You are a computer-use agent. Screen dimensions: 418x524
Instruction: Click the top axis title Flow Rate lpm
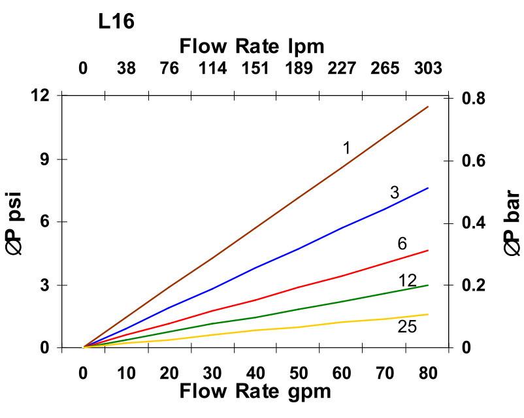tap(252, 46)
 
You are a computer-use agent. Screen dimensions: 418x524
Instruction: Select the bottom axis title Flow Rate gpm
tap(255, 391)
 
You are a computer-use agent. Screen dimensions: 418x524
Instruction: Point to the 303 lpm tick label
tap(427, 69)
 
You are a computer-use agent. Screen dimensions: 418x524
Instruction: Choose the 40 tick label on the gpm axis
tap(255, 374)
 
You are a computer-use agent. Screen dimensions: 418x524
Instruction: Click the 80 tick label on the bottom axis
tap(427, 374)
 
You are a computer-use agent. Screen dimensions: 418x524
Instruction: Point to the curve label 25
tap(407, 327)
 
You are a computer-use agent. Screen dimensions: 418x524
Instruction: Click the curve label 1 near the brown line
tap(346, 148)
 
